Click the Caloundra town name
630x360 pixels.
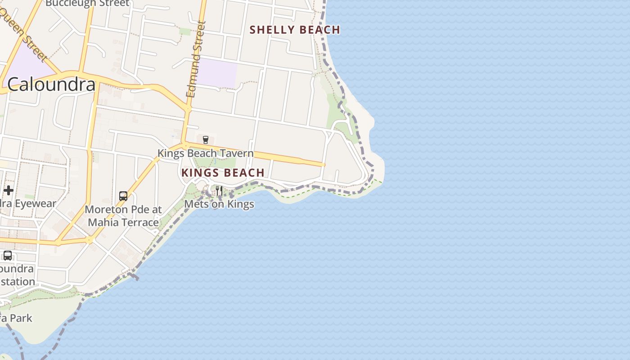[x=51, y=85]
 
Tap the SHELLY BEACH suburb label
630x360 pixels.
[x=295, y=30]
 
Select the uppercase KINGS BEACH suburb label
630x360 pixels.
[x=223, y=173]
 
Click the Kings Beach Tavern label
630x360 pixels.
[x=205, y=153]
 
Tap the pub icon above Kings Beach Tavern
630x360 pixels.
[x=206, y=139]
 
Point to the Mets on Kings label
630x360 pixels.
[x=219, y=204]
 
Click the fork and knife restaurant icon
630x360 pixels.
[x=219, y=191]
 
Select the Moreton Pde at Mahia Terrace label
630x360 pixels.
[x=123, y=216]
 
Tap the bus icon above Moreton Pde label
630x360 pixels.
[x=123, y=196]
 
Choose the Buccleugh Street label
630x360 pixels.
[x=87, y=4]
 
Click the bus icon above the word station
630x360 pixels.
[x=8, y=256]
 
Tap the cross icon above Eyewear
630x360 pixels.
[x=8, y=190]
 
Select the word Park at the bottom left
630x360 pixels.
[x=21, y=318]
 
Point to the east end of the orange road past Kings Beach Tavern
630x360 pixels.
[x=323, y=165]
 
